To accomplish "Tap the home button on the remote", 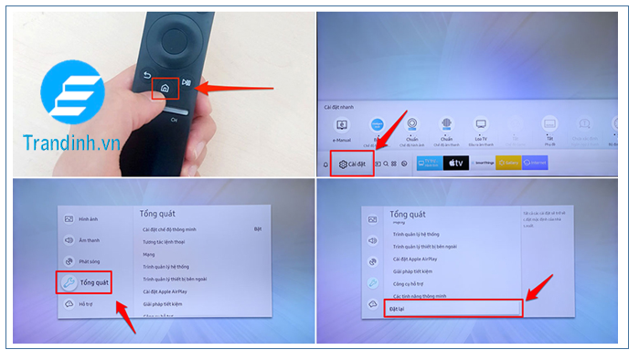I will (164, 89).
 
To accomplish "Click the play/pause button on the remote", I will (186, 82).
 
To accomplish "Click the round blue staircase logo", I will (70, 90).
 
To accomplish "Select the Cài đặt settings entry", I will (351, 164).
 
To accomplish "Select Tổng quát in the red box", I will (86, 283).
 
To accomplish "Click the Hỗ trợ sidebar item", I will (83, 303).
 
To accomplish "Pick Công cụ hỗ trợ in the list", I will (412, 284).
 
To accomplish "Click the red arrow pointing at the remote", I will (234, 89).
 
